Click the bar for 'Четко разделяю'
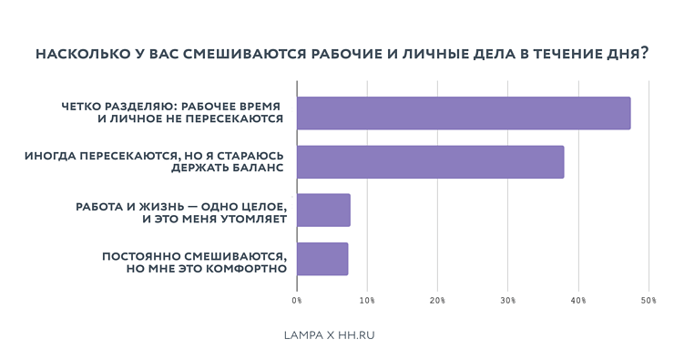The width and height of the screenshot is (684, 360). click(x=464, y=113)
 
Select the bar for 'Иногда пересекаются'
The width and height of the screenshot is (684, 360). click(x=430, y=161)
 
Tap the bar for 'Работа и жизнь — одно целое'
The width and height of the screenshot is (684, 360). click(x=323, y=211)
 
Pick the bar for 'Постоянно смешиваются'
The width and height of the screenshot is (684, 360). click(x=322, y=259)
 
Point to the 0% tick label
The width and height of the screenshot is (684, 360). click(x=297, y=300)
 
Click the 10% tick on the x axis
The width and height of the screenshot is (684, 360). click(x=367, y=300)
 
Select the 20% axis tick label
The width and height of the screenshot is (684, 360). click(x=437, y=300)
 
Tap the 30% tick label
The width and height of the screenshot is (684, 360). click(x=507, y=300)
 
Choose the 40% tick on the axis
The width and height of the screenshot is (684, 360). click(x=578, y=300)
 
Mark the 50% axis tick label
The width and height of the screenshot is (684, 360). click(x=648, y=300)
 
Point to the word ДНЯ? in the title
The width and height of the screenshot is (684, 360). click(x=629, y=54)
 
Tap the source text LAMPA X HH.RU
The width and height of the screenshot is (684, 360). click(x=330, y=335)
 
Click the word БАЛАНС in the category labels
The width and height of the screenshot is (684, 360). click(x=257, y=169)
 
